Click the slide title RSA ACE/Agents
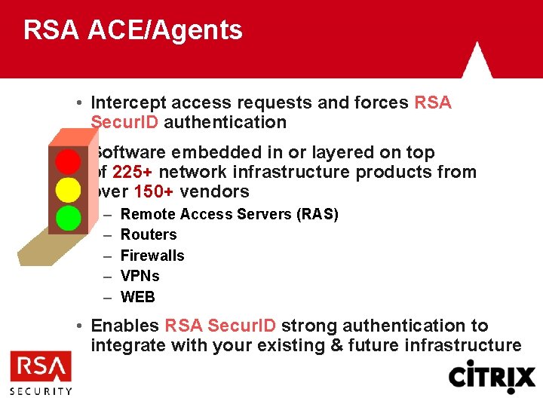point(133,30)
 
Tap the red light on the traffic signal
point(69,161)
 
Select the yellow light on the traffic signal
point(69,188)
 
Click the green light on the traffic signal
point(69,217)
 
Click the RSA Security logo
point(41,374)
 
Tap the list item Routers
point(149,234)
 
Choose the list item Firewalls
point(152,256)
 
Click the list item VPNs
point(140,276)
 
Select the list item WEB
point(138,297)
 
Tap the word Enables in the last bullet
point(125,326)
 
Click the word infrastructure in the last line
point(462,345)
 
